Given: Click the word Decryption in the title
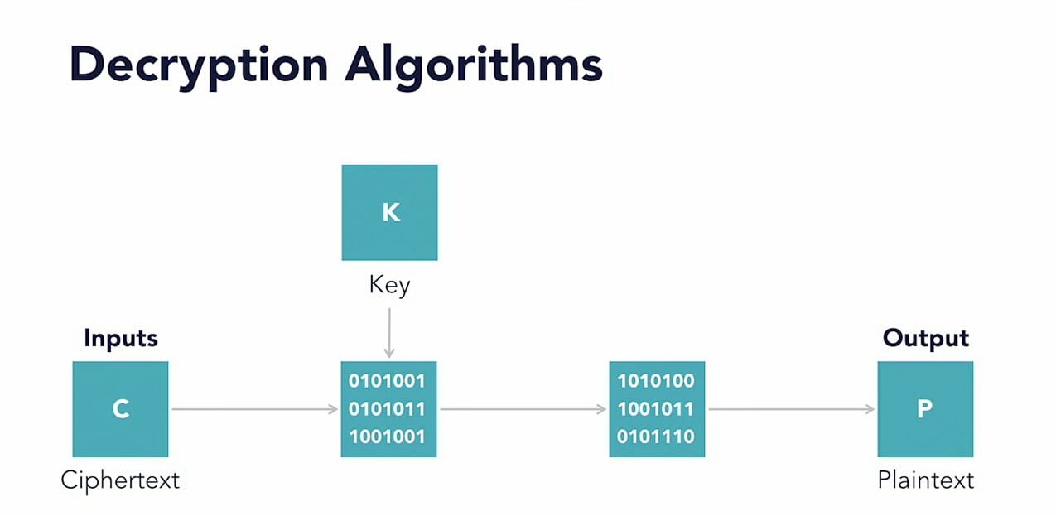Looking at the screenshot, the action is click(x=199, y=66).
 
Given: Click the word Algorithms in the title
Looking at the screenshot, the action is click(x=474, y=66).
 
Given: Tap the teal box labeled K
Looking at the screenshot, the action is click(x=389, y=213).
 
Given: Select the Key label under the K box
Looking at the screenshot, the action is click(x=389, y=286).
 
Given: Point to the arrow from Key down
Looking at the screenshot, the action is click(x=389, y=333).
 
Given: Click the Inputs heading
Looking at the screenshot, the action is click(x=121, y=339).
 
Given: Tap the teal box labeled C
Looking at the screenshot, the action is click(x=120, y=409).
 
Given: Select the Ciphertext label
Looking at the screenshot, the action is click(x=120, y=481).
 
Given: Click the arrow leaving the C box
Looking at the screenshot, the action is click(x=255, y=409).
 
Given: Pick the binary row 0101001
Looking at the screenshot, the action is click(x=387, y=381).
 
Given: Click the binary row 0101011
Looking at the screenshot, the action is click(x=387, y=409).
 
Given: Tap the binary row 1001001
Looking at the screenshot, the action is click(x=387, y=436).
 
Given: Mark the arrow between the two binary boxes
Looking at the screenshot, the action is click(x=523, y=409).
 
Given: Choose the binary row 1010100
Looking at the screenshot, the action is click(x=656, y=381).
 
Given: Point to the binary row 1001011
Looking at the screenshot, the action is click(x=656, y=409).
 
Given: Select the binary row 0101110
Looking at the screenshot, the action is click(x=656, y=436).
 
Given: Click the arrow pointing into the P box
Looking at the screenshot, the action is click(x=792, y=409).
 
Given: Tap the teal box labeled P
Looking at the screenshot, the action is click(x=925, y=409).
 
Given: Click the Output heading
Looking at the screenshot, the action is click(x=926, y=339).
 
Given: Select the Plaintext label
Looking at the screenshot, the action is click(x=926, y=480).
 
